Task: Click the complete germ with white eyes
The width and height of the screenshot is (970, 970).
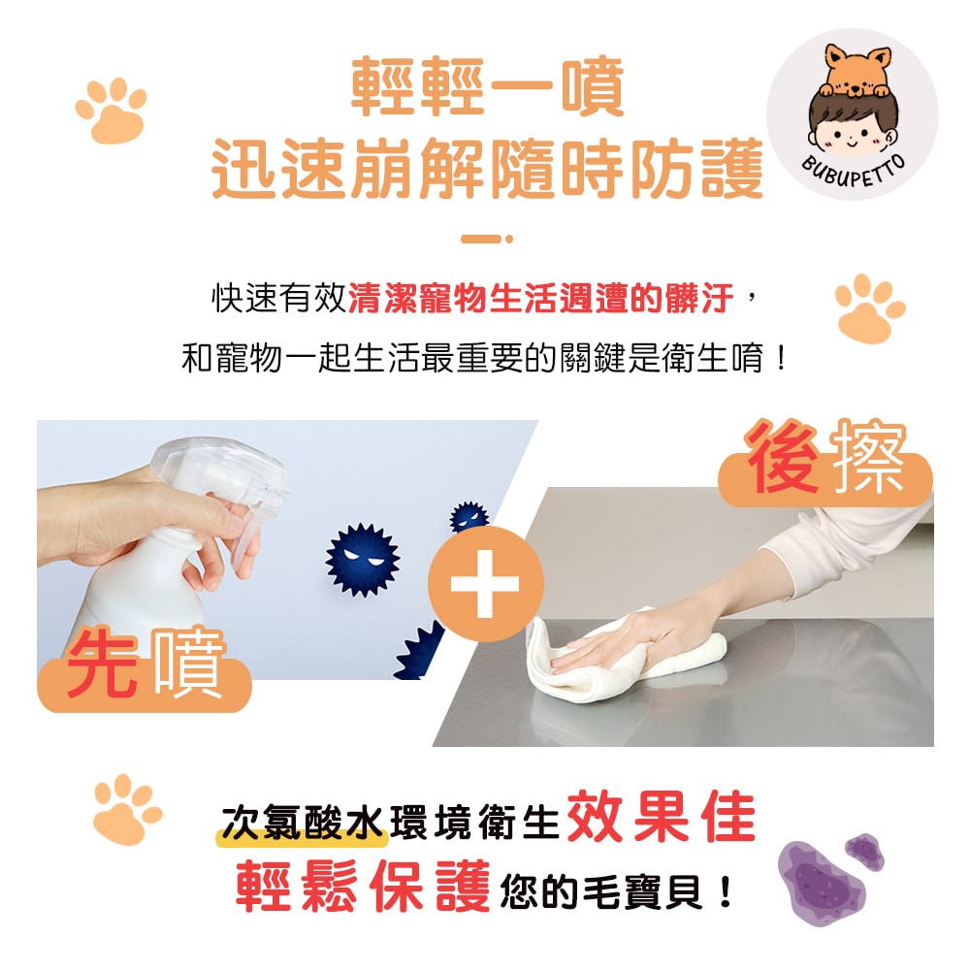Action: pyautogui.click(x=362, y=562)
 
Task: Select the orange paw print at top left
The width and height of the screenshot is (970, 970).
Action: pyautogui.click(x=112, y=112)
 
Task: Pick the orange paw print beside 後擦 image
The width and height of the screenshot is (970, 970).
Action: pyautogui.click(x=869, y=307)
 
